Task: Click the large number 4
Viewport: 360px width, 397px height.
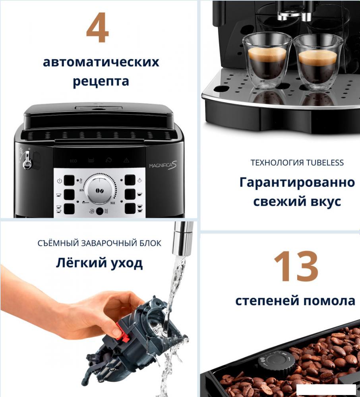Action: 97,29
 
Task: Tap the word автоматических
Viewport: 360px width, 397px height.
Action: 101,62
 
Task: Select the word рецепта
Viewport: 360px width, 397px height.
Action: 101,82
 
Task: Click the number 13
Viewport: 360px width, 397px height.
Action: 296,266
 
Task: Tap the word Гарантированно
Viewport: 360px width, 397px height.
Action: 297,183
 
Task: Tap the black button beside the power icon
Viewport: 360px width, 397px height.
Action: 69,181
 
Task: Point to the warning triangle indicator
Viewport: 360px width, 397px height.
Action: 126,160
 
